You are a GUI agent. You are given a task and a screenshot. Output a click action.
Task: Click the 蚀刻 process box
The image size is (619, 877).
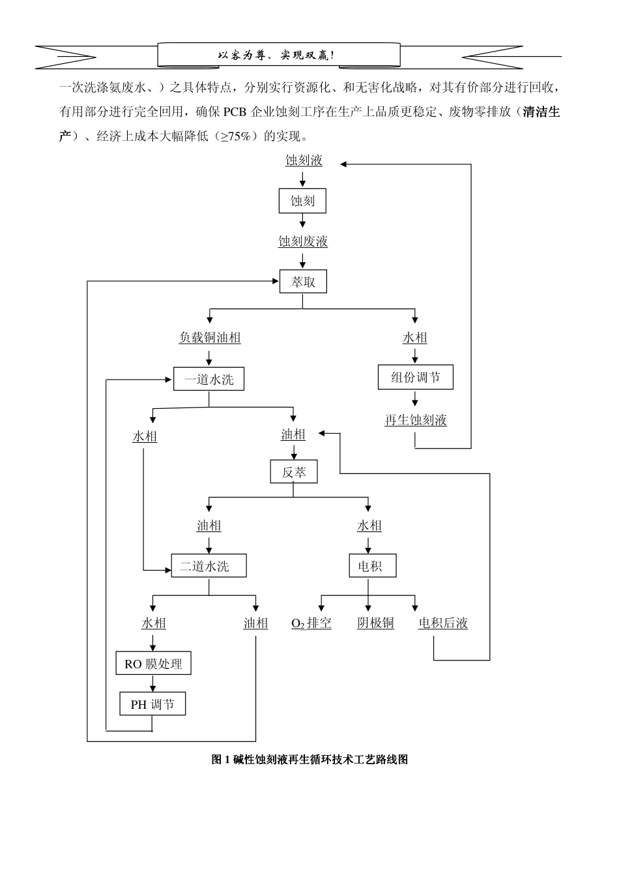click(302, 201)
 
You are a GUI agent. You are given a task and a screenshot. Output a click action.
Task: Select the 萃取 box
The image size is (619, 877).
click(303, 282)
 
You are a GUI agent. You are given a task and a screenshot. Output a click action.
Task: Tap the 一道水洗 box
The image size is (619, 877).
click(209, 379)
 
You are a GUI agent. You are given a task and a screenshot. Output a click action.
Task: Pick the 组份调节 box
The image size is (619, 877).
click(415, 377)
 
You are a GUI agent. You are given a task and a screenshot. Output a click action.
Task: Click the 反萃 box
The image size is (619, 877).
click(293, 472)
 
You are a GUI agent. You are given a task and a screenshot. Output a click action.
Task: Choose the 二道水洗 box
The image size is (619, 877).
click(209, 566)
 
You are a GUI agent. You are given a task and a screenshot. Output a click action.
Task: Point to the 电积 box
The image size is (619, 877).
click(369, 566)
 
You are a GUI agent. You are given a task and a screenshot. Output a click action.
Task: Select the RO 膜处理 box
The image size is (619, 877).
click(153, 664)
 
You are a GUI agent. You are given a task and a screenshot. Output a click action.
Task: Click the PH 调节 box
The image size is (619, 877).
click(152, 704)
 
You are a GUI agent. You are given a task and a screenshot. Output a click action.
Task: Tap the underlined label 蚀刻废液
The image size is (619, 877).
click(303, 242)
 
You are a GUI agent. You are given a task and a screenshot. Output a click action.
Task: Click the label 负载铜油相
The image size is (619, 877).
click(210, 338)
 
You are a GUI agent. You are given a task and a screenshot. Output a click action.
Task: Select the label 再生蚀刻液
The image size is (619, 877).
click(415, 420)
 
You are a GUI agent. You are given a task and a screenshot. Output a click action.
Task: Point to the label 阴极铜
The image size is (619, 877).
click(375, 623)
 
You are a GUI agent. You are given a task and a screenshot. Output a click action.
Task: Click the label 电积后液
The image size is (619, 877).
click(443, 623)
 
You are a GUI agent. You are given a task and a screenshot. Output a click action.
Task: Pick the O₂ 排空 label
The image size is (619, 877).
click(311, 623)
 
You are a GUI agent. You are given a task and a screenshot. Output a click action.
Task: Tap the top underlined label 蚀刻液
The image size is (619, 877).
click(304, 160)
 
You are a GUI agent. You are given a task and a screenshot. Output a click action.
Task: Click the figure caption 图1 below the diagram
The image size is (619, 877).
click(309, 760)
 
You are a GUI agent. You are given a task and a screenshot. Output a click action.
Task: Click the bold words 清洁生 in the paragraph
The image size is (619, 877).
click(541, 111)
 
